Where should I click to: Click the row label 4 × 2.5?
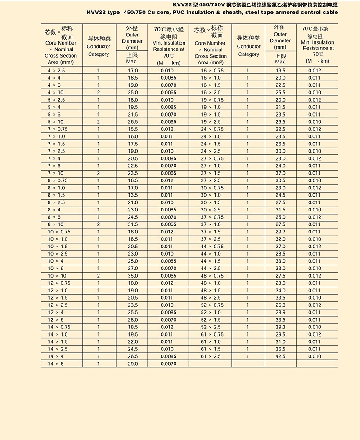[x=56, y=71]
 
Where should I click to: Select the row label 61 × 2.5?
[x=211, y=356]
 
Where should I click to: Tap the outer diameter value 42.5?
[x=280, y=356]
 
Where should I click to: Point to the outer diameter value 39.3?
[x=280, y=327]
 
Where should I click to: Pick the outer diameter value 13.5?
[x=132, y=195]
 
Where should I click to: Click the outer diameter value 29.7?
[x=280, y=232]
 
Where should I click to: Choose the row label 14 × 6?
[x=56, y=364]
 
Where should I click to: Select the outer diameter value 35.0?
[x=132, y=276]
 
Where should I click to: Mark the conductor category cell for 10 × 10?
[x=99, y=276]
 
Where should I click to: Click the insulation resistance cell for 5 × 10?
[x=166, y=122]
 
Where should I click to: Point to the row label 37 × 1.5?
[x=211, y=232]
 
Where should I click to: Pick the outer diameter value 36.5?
[x=280, y=349]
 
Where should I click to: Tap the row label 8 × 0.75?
[x=56, y=180]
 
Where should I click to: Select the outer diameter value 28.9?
[x=280, y=312]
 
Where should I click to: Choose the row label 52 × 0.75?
[x=211, y=305]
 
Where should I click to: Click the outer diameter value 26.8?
[x=280, y=305]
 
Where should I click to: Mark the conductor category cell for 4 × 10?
[x=99, y=93]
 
